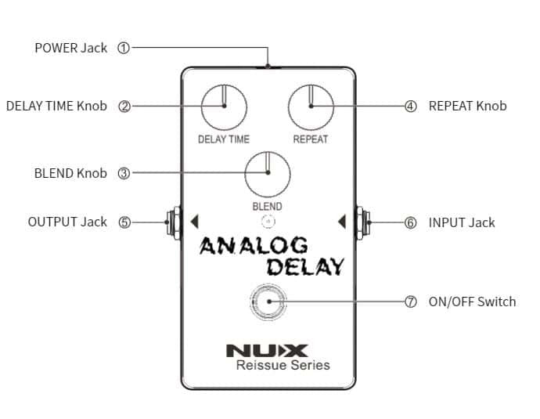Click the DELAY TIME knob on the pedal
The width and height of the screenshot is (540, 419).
coord(223,107)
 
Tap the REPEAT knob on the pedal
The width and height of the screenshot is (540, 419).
coord(310,107)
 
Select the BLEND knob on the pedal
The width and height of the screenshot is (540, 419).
coord(267,175)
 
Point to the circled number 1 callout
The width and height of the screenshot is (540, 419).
coord(123,48)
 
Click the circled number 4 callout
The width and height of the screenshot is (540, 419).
coord(411,107)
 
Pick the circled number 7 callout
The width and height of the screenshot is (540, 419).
coord(411,302)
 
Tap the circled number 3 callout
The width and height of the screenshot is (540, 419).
coord(123,174)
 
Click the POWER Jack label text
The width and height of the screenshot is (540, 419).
coord(71,48)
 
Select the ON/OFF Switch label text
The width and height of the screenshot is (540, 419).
coord(472,302)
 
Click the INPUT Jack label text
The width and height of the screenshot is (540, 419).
coord(462,222)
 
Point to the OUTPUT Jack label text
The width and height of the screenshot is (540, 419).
coord(67,222)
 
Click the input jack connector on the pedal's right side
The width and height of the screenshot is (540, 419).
coord(362,222)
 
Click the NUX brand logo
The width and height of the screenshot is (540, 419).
coord(267,350)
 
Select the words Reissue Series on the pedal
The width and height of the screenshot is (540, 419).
coord(283,365)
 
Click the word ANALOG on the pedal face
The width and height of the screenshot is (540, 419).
coord(254,246)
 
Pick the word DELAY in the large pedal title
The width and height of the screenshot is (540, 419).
coord(305,266)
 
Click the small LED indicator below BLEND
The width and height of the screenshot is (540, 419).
coord(268,222)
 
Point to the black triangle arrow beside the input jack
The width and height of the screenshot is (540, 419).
coord(341,222)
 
